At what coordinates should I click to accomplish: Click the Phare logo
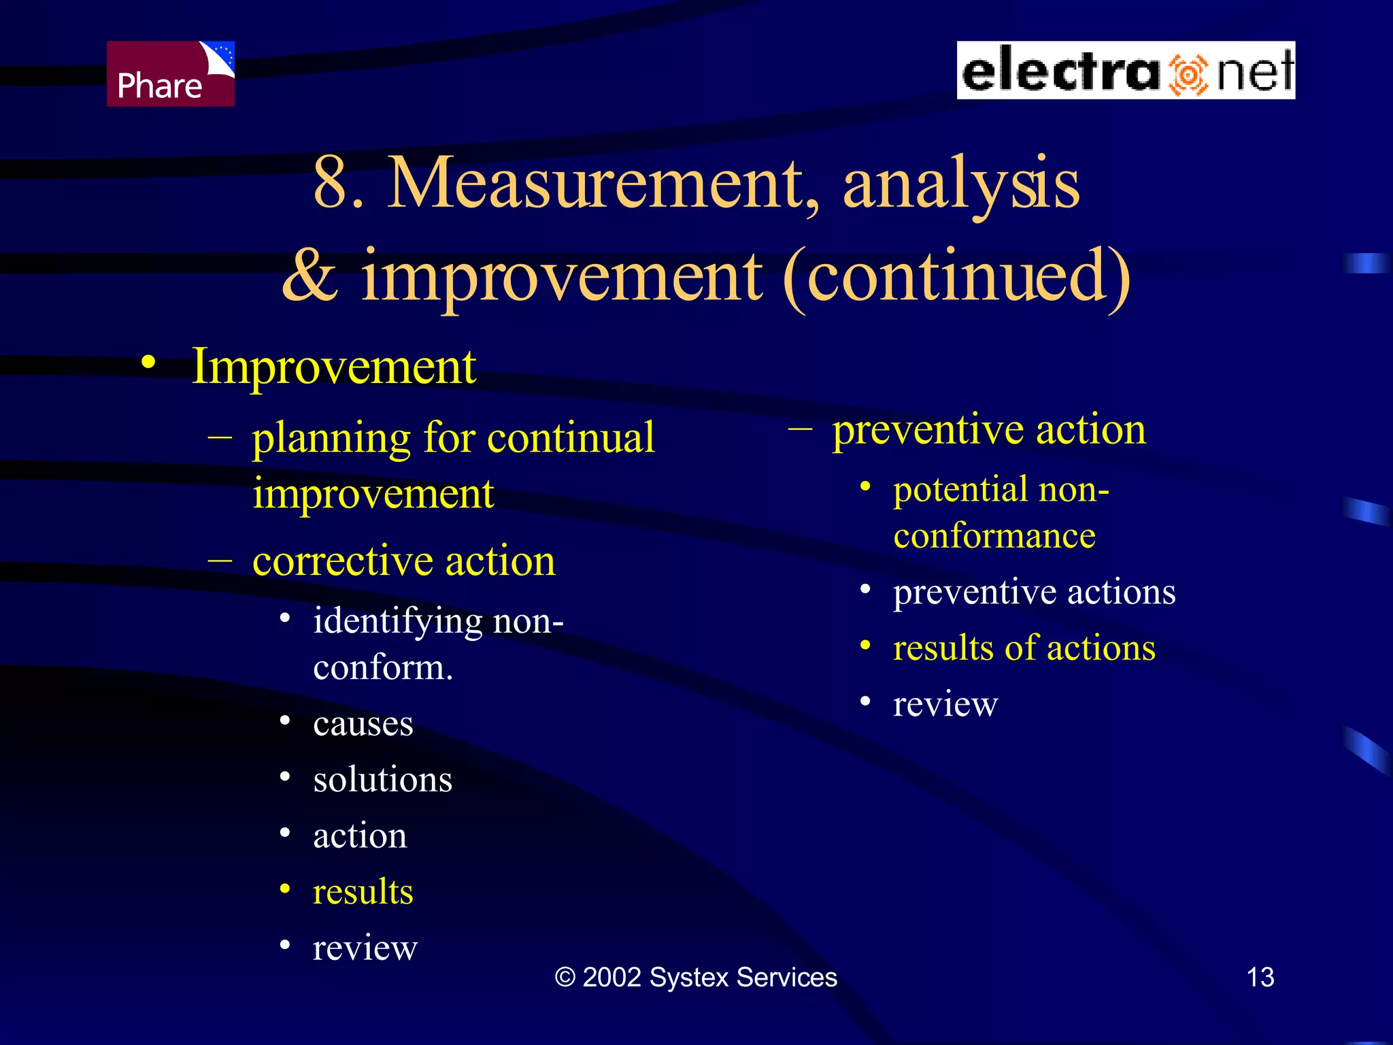tap(170, 73)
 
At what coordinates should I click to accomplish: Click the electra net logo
tap(1126, 71)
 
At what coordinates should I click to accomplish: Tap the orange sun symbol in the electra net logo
tap(1188, 74)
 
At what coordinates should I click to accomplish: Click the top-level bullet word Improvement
tap(334, 367)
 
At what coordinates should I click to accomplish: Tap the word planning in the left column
tap(331, 439)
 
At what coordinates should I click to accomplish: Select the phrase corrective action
tap(404, 562)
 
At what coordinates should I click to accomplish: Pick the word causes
tap(363, 723)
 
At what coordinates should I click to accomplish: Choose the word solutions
tap(382, 780)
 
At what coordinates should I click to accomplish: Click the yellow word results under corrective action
tap(363, 892)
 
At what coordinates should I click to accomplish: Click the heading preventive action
tap(989, 431)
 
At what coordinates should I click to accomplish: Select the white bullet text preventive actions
tap(1034, 592)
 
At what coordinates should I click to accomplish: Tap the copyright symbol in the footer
tap(565, 978)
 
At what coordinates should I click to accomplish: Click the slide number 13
tap(1260, 978)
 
